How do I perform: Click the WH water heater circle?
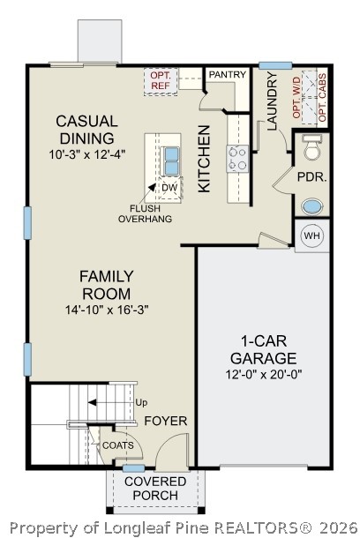coord(312,235)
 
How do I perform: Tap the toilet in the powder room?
coord(312,147)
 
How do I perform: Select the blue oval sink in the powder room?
coord(312,206)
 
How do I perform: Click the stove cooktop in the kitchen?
coord(237,159)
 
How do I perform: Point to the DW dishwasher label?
coord(170,188)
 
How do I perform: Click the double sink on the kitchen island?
coord(171,161)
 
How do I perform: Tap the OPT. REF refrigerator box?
coord(161,81)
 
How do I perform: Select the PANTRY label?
coord(228,74)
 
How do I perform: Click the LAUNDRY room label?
coord(272,101)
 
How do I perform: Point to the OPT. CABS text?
coord(322,98)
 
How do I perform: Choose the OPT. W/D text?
coord(296,98)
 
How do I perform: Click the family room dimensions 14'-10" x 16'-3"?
coord(107,310)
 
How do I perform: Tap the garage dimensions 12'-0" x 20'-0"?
coord(264,374)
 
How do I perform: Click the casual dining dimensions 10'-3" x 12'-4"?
coord(87,154)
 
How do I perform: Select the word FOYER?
coord(166,421)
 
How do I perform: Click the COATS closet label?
coord(118,445)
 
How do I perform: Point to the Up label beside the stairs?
coord(141,403)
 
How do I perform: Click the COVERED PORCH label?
coord(155,489)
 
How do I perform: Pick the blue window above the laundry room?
coord(275,65)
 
